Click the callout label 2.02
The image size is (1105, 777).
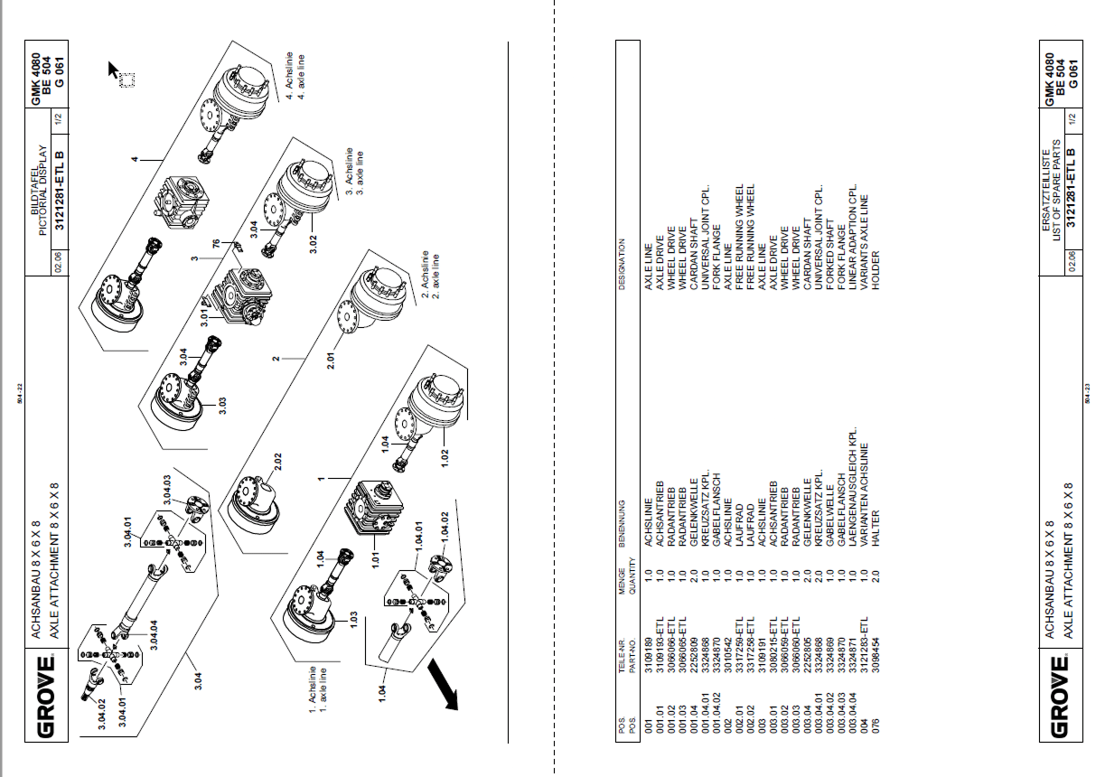278,462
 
